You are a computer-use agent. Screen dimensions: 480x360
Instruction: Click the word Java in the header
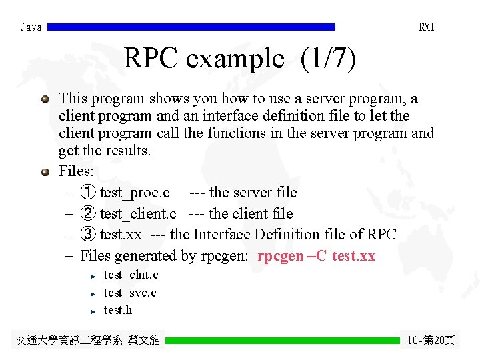point(31,27)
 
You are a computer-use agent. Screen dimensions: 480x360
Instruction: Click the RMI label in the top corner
point(426,27)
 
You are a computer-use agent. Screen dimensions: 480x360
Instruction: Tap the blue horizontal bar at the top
point(192,27)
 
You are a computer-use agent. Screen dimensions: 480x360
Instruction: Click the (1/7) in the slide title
point(328,59)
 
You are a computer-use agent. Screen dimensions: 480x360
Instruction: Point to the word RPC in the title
point(151,59)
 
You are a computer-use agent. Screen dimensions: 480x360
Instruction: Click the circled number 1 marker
point(87,193)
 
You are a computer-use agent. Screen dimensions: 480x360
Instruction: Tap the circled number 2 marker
point(87,214)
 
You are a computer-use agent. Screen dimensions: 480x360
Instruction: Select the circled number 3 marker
point(87,235)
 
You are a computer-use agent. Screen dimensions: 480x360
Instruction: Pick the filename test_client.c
point(138,214)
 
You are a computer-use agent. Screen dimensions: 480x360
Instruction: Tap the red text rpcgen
point(281,256)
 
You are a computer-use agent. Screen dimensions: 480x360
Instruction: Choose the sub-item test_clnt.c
point(131,275)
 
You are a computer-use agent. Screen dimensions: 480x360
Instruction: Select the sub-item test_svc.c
point(130,293)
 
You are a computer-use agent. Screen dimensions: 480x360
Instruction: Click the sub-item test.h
point(118,310)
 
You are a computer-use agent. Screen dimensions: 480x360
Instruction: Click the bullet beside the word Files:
point(45,172)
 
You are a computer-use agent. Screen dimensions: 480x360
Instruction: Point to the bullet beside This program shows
point(45,99)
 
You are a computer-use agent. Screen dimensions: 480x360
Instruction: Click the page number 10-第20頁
point(431,341)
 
